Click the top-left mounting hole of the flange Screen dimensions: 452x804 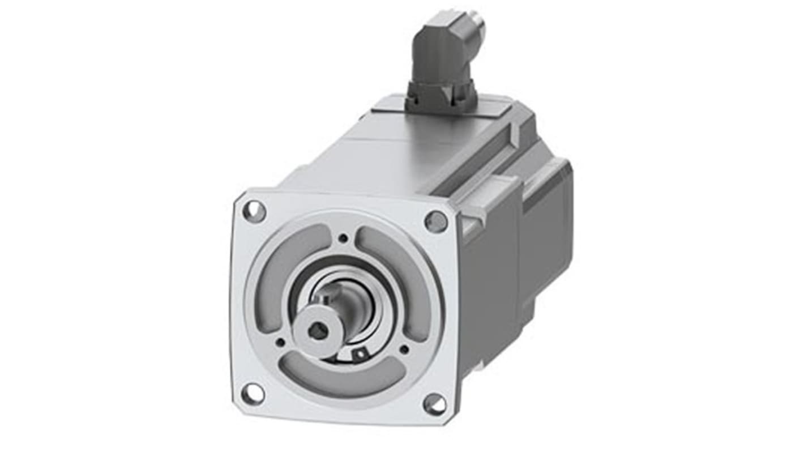(254, 211)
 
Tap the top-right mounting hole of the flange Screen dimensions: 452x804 (435, 221)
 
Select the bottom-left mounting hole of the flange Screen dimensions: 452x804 (252, 393)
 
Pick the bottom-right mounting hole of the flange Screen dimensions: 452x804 (434, 404)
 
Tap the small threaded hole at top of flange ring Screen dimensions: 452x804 (343, 238)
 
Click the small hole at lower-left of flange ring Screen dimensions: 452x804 (280, 342)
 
